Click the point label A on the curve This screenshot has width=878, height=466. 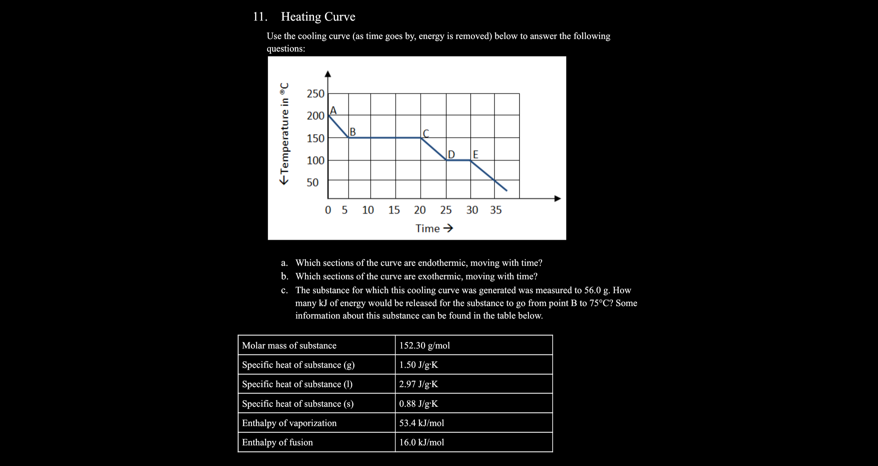click(333, 111)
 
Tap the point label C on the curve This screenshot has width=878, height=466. click(426, 133)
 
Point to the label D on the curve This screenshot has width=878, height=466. click(451, 155)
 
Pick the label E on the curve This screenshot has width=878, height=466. click(475, 155)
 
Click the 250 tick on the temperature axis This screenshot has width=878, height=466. click(315, 94)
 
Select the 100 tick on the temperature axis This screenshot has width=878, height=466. click(315, 160)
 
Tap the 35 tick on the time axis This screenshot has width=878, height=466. click(496, 210)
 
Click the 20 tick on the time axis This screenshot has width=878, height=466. click(420, 210)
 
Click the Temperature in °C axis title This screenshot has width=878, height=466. click(284, 133)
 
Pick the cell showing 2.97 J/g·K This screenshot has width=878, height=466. click(418, 384)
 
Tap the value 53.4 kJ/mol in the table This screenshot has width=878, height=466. click(422, 423)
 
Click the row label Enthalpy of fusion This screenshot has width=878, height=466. click(277, 442)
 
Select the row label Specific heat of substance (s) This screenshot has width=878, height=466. click(298, 404)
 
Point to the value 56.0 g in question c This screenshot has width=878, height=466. click(596, 290)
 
